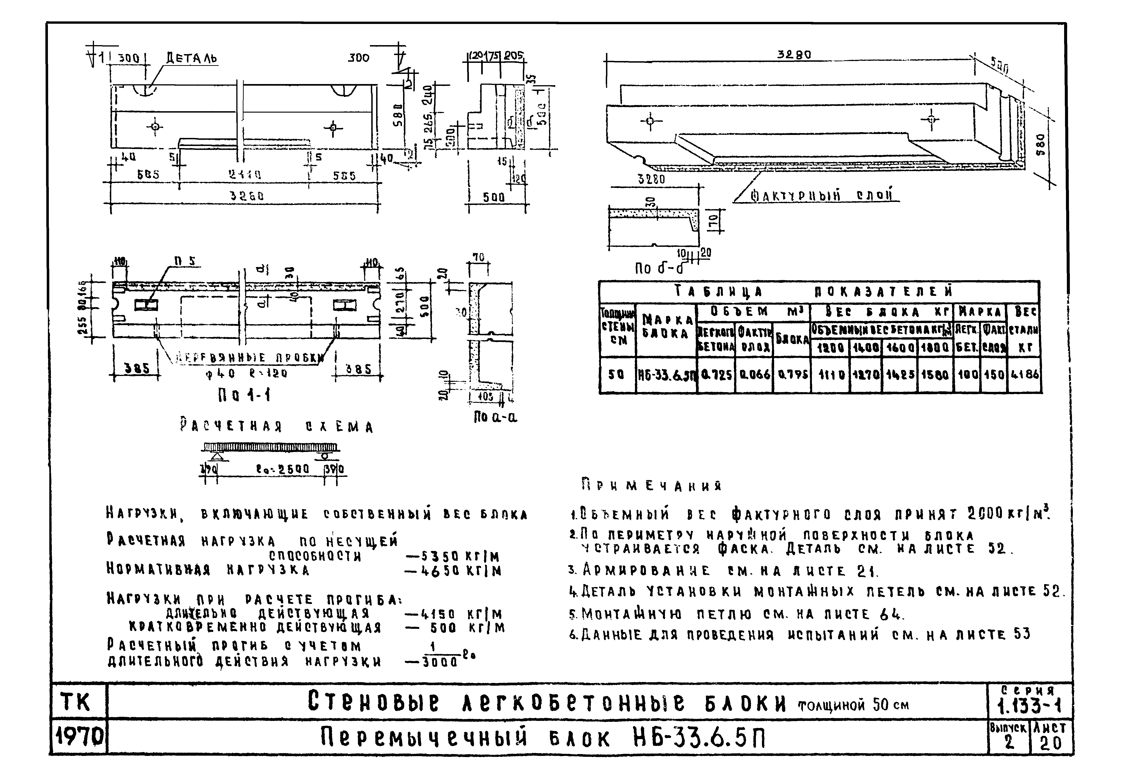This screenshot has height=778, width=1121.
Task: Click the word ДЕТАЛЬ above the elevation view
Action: (x=192, y=58)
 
